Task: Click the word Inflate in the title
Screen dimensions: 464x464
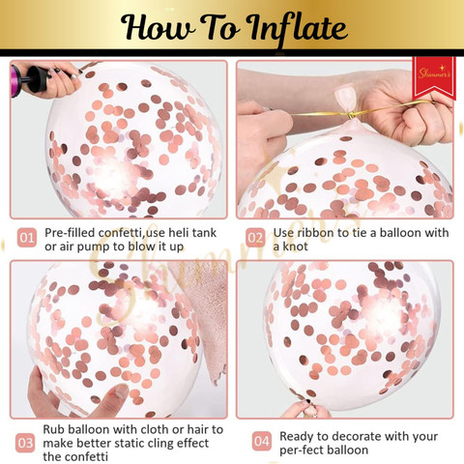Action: (298, 30)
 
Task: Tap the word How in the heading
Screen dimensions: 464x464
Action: (158, 27)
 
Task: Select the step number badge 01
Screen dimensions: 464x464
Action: (27, 238)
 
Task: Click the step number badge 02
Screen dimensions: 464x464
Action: (255, 238)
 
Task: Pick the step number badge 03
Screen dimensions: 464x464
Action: (25, 443)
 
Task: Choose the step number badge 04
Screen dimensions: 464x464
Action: (261, 441)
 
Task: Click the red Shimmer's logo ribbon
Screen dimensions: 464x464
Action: (434, 78)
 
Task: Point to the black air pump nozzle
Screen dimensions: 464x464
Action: (36, 79)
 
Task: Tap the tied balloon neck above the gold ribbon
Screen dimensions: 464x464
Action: (345, 97)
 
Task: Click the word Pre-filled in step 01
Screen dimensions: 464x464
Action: (71, 233)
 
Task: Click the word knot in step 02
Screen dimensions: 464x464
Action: (296, 246)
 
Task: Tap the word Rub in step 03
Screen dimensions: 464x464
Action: (54, 429)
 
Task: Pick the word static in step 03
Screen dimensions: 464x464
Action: (133, 443)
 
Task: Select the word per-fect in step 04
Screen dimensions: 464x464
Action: (300, 450)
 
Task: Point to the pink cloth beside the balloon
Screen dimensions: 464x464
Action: (206, 322)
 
